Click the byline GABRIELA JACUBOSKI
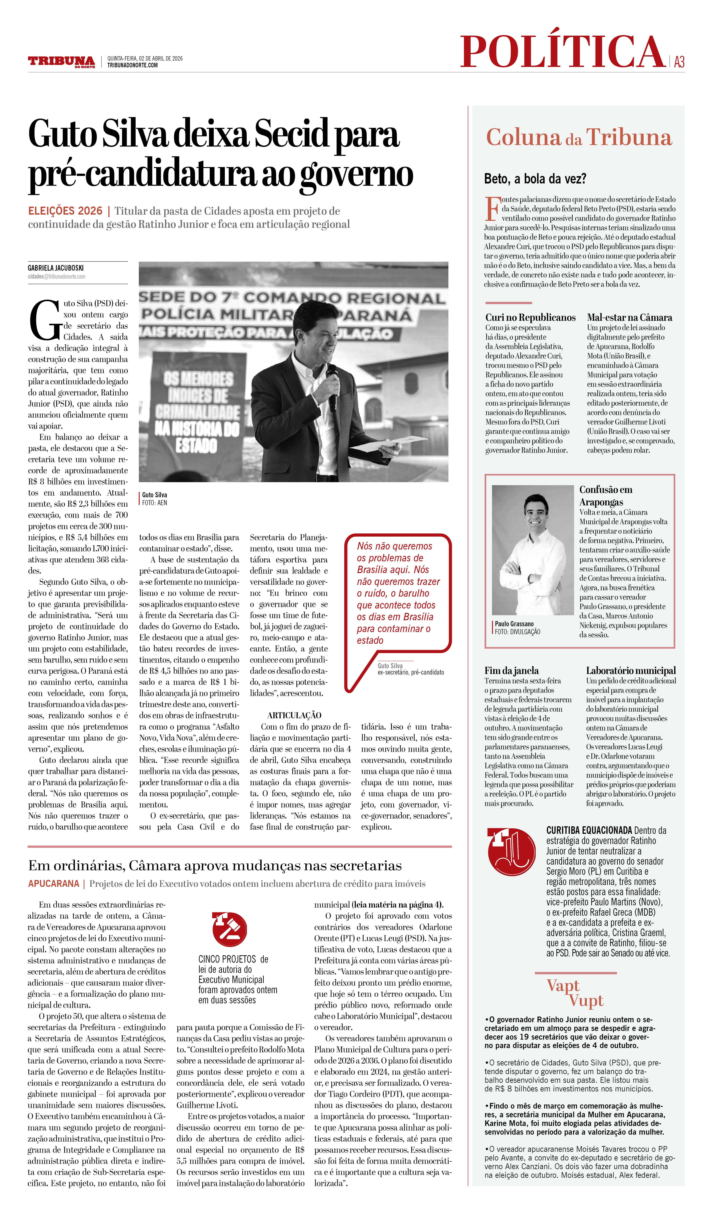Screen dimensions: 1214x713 click(55, 268)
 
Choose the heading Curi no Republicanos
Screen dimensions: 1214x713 click(530, 318)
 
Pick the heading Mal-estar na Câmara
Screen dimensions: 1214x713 click(629, 318)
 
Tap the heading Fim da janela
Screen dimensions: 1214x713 click(511, 671)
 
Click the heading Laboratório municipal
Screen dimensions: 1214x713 click(631, 671)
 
